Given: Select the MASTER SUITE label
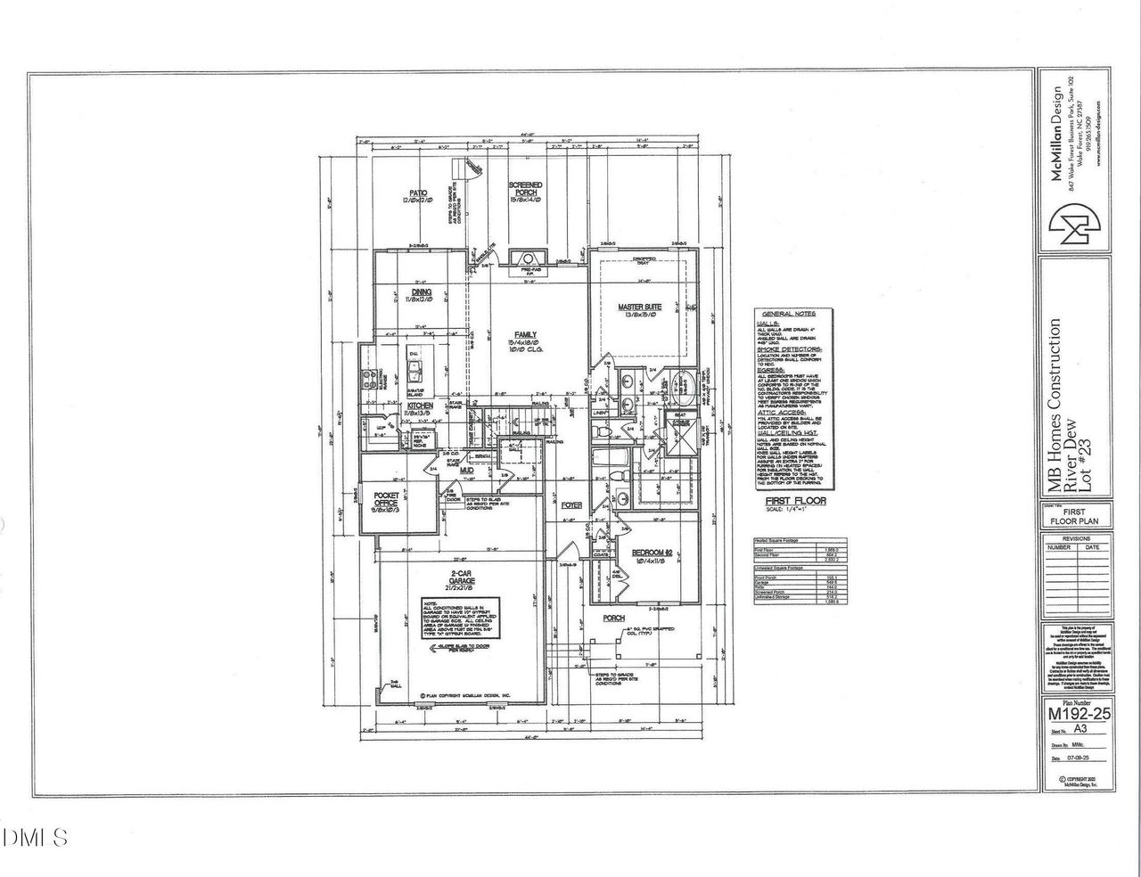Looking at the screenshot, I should pyautogui.click(x=639, y=307).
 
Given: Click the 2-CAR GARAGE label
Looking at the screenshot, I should pyautogui.click(x=460, y=581).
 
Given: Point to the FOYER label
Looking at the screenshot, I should pyautogui.click(x=571, y=504).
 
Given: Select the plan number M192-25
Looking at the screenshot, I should pyautogui.click(x=1078, y=713).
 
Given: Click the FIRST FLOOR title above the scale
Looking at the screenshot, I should pyautogui.click(x=795, y=501).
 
